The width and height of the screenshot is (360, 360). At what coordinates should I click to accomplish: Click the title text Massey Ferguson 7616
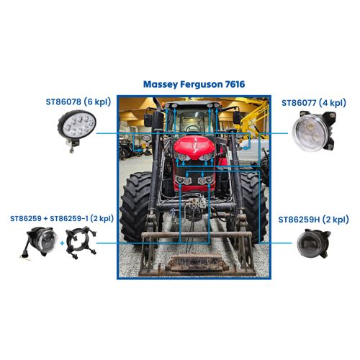coord(194,84)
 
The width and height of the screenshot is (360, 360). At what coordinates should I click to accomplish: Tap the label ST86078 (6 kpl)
coord(78,102)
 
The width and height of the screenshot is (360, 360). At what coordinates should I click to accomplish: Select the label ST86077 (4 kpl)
coord(314,103)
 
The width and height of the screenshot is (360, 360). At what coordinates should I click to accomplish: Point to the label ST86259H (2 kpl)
coord(313,220)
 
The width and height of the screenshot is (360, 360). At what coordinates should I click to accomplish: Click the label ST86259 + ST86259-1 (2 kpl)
coord(62,219)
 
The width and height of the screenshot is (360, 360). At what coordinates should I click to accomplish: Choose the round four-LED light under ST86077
coord(314,131)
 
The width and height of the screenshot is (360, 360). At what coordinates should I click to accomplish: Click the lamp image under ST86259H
coord(314,243)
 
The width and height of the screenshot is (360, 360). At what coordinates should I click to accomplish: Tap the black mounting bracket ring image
coord(81,242)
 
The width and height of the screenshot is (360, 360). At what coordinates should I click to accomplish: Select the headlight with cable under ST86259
coord(40,242)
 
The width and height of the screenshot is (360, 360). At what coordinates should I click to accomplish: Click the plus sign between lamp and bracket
coord(62,243)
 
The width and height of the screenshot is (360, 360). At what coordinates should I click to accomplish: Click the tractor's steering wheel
coord(192,128)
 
